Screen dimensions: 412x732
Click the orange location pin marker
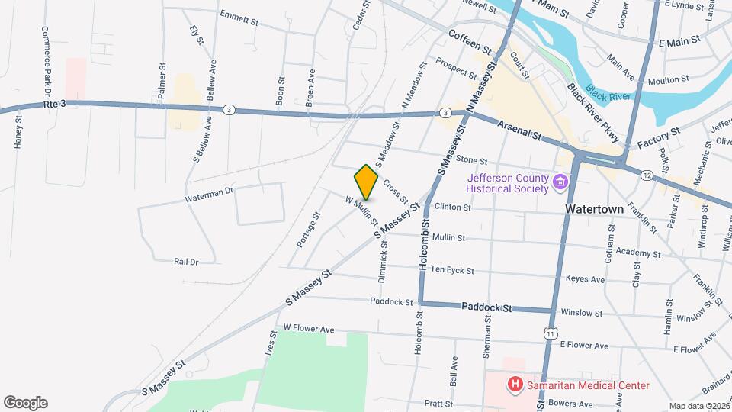(366, 182)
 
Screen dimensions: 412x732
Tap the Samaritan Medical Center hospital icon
(515, 385)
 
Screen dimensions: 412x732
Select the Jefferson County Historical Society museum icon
(560, 183)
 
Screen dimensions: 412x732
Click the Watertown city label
(595, 208)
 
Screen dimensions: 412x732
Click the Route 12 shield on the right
(647, 176)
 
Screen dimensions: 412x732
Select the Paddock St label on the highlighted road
(485, 307)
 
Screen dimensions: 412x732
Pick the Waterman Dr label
(208, 195)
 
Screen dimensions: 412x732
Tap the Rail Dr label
(185, 262)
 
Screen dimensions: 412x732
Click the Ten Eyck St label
(452, 270)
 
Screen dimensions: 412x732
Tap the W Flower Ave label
(309, 328)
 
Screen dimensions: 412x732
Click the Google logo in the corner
(25, 402)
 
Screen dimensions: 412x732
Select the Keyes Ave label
(585, 280)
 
